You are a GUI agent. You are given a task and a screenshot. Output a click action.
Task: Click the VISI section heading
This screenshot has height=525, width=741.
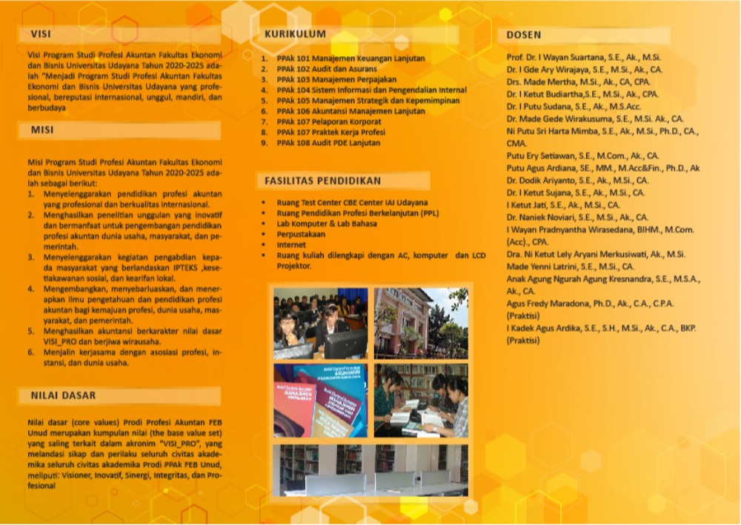point(41,34)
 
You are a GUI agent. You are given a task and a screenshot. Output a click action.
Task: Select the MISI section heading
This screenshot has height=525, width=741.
point(42,130)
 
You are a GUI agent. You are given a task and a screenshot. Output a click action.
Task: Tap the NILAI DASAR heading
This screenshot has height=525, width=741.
point(63,395)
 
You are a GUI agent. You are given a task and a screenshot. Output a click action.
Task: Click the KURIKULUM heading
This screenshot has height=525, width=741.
point(295,34)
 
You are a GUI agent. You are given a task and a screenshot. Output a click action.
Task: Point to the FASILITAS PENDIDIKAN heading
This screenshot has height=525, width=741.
point(322,180)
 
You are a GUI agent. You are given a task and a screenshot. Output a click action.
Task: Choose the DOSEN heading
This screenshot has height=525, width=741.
point(524,35)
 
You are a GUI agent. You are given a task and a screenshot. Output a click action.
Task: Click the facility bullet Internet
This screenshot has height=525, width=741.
point(291,244)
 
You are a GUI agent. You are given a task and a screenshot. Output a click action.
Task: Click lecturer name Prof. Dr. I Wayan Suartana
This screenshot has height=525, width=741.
point(583,57)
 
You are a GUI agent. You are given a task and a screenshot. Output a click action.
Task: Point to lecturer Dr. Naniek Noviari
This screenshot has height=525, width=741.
point(577,218)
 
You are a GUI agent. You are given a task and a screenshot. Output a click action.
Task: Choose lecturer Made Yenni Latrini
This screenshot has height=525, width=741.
point(570,267)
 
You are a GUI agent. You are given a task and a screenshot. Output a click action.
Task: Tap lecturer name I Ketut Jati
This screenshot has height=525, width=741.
point(563,205)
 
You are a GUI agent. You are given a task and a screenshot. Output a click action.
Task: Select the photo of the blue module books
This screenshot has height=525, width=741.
point(320,400)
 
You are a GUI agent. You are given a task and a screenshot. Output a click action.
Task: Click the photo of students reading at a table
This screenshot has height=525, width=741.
point(421,400)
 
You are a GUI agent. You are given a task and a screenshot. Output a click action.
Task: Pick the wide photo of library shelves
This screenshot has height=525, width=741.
point(370,469)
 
